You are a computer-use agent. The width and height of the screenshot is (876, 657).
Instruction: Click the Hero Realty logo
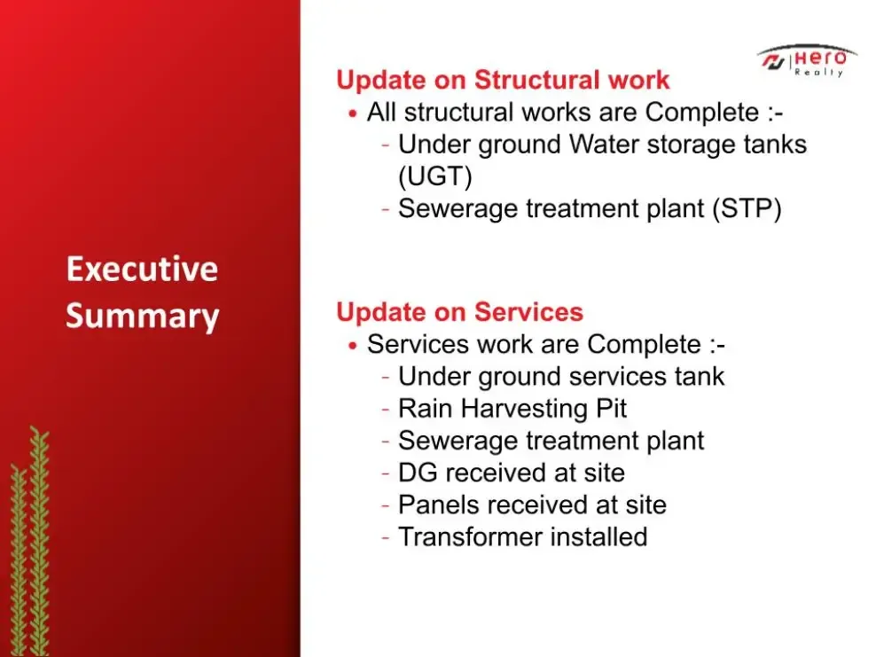pos(807,60)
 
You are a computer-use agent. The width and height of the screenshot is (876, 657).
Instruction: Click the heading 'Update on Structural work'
pos(503,80)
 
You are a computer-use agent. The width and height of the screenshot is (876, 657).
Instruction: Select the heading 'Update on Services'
pos(460,312)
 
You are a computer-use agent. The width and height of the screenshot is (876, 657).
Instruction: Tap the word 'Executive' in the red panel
pos(142,269)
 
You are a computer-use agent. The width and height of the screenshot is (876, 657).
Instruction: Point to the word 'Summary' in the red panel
pos(143,317)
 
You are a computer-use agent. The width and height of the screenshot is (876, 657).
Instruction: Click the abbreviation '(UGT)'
pos(435,176)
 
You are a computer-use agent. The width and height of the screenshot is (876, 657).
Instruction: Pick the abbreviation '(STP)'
pos(747,209)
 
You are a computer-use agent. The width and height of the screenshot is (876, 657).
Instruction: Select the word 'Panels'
pos(439,505)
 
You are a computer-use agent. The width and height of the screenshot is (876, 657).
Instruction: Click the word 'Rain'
pos(426,409)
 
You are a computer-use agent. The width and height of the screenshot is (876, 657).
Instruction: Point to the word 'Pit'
pos(611,409)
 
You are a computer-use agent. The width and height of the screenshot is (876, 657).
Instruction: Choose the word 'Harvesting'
pos(525,410)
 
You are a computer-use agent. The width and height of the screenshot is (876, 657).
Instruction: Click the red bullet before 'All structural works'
pos(352,113)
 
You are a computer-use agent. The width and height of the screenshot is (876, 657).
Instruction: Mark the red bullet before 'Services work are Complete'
pos(352,346)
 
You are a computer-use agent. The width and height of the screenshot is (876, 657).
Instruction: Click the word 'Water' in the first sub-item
pos(604,145)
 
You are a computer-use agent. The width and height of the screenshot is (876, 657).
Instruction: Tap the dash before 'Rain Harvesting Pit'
pos(386,410)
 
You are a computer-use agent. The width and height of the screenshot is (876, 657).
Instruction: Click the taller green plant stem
pos(39,541)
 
